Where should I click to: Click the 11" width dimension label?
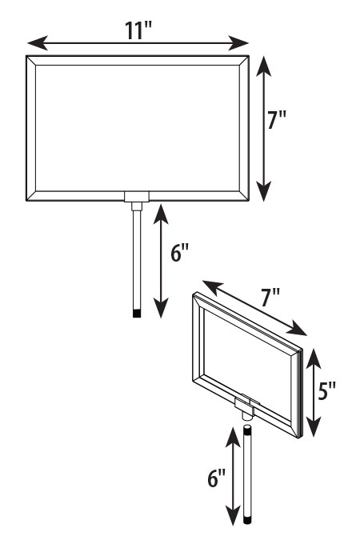(138, 30)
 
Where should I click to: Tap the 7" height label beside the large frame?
(277, 120)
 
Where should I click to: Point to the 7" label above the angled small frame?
(270, 298)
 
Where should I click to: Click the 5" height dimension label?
(326, 391)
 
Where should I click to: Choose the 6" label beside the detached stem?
(217, 478)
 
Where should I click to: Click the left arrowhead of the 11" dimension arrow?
(38, 43)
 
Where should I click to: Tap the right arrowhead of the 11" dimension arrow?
(238, 43)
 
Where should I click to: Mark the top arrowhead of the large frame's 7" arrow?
(263, 66)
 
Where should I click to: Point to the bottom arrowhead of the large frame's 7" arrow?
(263, 191)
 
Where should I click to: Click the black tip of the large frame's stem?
(137, 314)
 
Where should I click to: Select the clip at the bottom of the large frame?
(137, 197)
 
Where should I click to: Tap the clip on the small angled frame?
(245, 406)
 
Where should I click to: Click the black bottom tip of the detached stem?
(247, 520)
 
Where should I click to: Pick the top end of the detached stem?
(247, 427)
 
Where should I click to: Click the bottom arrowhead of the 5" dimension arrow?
(314, 427)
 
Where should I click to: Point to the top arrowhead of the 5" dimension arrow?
(314, 359)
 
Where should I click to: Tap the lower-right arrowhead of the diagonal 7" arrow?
(297, 328)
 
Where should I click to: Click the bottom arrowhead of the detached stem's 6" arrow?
(233, 515)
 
